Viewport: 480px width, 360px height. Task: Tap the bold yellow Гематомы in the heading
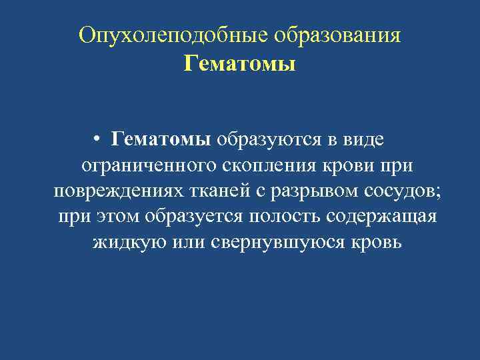[x=239, y=65]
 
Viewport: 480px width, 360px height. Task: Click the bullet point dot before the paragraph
[x=97, y=140]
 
